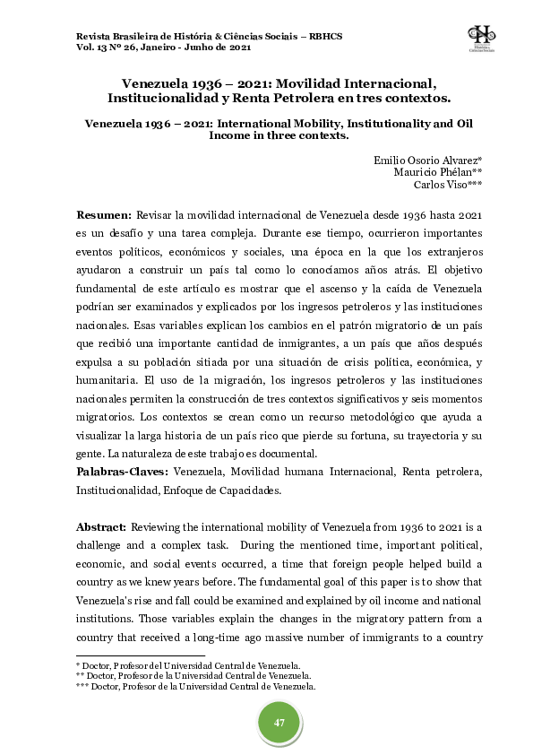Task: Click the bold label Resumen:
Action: tap(104, 216)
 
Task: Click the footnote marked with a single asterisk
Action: tap(187, 664)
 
